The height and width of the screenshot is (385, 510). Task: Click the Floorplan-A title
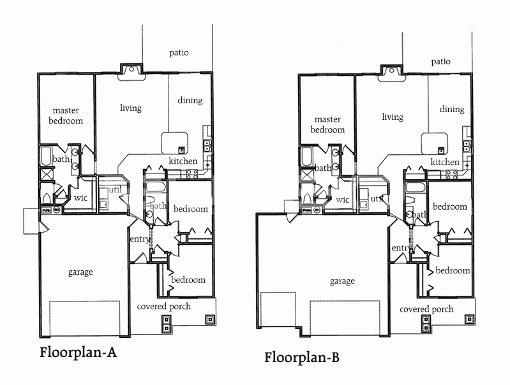(78, 352)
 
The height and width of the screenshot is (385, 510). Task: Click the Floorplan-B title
(301, 358)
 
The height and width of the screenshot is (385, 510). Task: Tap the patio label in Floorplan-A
(179, 53)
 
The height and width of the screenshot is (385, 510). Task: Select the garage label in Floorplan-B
(342, 281)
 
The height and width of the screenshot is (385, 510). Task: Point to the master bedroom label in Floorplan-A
(66, 115)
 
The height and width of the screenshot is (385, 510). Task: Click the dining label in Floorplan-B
(452, 110)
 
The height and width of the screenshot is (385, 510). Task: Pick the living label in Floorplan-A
(131, 108)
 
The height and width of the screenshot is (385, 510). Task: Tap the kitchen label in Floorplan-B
(445, 162)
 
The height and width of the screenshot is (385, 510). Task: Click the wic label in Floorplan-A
(80, 198)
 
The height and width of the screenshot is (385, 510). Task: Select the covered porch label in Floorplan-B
(426, 309)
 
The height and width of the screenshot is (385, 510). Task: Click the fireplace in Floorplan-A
(131, 72)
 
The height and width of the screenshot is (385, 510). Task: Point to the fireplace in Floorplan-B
(392, 73)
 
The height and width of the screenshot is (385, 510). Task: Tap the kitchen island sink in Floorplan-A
(181, 150)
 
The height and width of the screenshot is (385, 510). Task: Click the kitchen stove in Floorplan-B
(452, 175)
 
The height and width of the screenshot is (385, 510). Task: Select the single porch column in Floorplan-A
(209, 319)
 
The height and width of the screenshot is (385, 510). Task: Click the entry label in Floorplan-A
(140, 239)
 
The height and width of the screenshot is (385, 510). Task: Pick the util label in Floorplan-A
(115, 189)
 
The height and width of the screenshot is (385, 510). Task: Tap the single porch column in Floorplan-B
(469, 319)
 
